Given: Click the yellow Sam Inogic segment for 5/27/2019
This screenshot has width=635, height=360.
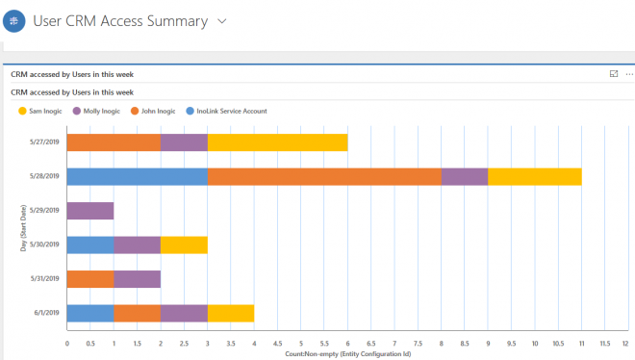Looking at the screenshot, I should point(277,142).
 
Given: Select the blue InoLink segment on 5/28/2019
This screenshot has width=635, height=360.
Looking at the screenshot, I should point(137,176).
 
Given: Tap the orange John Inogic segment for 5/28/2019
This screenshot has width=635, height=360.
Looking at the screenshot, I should point(324,176).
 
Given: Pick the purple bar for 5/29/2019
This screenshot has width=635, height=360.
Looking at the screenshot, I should point(90,211).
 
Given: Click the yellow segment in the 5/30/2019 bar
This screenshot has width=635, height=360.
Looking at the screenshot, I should point(184,244).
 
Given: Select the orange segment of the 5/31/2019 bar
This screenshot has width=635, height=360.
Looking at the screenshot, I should point(90,279).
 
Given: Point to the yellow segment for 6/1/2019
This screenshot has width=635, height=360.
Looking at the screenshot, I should point(230,313).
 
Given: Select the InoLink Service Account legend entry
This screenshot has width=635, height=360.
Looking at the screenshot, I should point(229,111).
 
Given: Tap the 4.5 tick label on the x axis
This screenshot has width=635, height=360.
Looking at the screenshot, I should point(277,342).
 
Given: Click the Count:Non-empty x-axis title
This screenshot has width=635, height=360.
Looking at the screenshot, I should point(347,353).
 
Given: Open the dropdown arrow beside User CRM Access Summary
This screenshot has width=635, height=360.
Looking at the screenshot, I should point(222,21).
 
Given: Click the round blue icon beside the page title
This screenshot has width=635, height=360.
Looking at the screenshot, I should point(13,21).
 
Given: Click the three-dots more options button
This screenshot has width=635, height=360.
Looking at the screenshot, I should point(629,73).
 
